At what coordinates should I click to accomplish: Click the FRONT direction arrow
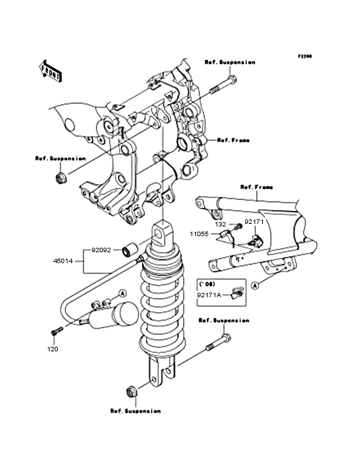(x=50, y=71)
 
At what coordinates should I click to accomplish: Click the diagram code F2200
(x=305, y=56)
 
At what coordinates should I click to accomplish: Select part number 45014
(x=63, y=261)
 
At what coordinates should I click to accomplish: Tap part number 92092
(x=101, y=250)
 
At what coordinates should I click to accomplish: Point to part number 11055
(x=199, y=234)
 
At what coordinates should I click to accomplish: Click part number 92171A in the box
(x=209, y=295)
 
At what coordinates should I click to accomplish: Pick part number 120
(x=53, y=349)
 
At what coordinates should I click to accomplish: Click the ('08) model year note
(x=207, y=284)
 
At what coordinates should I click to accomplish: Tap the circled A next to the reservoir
(x=122, y=293)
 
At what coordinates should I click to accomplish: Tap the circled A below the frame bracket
(x=255, y=285)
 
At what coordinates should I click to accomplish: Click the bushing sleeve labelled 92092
(x=130, y=251)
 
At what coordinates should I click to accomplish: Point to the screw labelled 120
(x=57, y=331)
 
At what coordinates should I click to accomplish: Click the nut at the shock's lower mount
(x=130, y=392)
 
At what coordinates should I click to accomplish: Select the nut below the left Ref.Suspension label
(x=61, y=178)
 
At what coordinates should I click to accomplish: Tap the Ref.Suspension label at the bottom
(x=136, y=411)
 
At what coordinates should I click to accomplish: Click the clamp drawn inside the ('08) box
(x=237, y=293)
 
